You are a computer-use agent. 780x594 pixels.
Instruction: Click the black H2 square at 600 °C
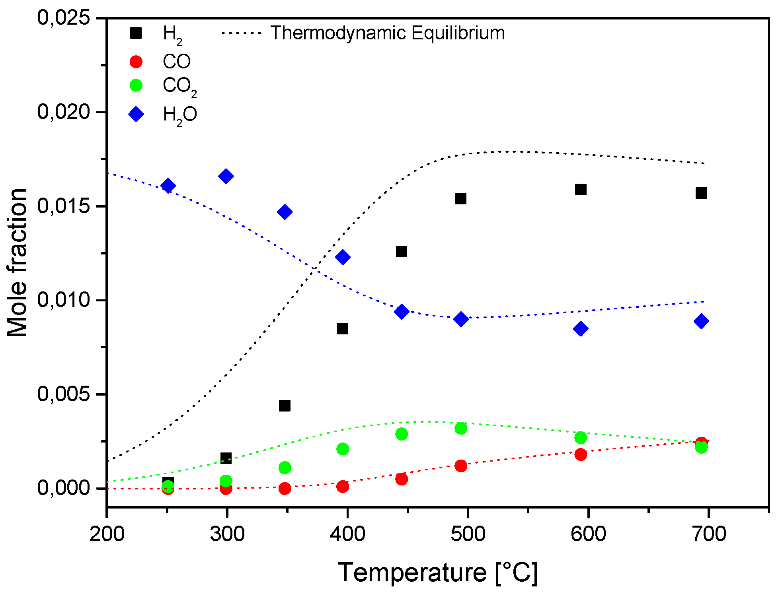click(581, 189)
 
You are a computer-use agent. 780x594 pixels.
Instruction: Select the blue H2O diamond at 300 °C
click(226, 176)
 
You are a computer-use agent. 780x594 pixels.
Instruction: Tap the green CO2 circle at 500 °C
click(461, 428)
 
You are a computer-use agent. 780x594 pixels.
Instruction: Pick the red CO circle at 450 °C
click(402, 479)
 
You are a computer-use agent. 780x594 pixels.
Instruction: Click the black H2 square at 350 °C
click(285, 406)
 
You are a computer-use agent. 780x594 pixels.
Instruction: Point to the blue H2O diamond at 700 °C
click(701, 321)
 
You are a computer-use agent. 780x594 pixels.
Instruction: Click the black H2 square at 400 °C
click(343, 328)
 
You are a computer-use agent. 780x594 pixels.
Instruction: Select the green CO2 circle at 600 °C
click(581, 438)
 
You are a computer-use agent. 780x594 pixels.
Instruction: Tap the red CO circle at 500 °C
click(461, 466)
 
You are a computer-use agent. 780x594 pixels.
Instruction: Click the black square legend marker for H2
click(136, 33)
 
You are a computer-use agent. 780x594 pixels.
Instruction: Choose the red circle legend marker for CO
click(136, 62)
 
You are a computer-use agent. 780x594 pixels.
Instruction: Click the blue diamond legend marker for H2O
click(136, 115)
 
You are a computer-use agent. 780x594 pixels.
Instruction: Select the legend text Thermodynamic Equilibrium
click(388, 33)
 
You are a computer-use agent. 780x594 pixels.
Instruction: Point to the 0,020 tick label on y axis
click(63, 112)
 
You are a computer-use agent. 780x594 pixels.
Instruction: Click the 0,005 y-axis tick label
click(63, 394)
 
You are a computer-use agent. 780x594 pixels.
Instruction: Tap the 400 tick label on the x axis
click(347, 534)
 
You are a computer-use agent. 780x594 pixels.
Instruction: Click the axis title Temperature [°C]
click(438, 573)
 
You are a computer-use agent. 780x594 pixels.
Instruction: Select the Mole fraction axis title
click(17, 262)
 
